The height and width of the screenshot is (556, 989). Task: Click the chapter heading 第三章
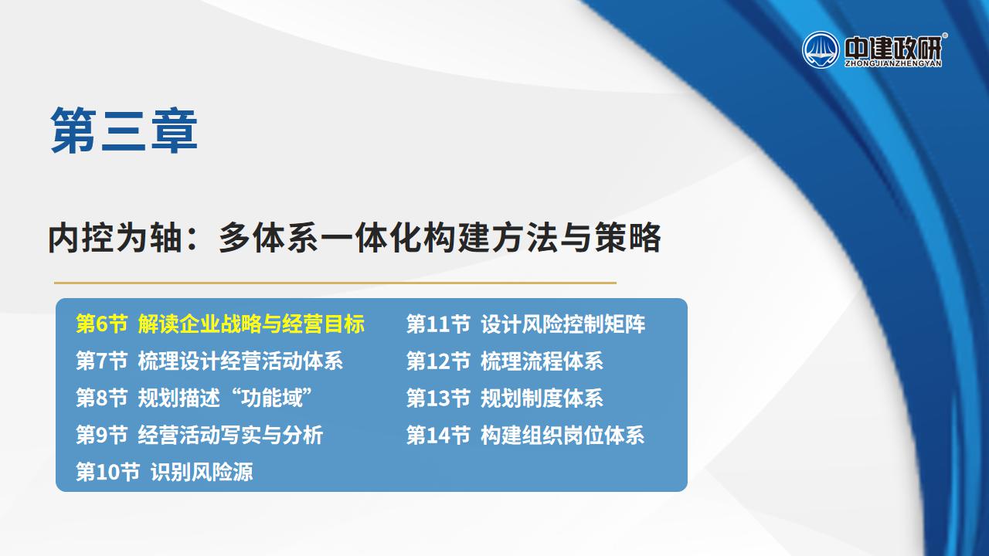pos(124,131)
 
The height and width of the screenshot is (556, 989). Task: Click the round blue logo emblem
pos(821,50)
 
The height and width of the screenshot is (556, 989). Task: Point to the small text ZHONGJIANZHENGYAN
pos(893,63)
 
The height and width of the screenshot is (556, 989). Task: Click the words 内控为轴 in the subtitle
pos(115,238)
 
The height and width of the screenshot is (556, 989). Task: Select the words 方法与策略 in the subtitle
pos(576,238)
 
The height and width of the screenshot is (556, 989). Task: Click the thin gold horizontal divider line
pos(335,283)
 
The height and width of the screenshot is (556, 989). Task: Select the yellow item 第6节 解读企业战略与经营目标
pos(220,324)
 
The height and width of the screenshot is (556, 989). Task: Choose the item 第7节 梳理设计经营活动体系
pos(209,361)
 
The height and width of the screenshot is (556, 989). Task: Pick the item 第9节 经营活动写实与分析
pos(199,435)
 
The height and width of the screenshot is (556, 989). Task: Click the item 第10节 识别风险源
pos(165,472)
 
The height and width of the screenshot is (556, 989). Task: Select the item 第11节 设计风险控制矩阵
pos(526,324)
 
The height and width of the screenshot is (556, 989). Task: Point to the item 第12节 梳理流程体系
pos(505,361)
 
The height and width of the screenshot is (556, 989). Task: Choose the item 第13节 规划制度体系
pos(505,398)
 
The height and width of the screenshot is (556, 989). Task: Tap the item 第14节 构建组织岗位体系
pos(525,435)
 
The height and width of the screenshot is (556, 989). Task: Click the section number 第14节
pos(438,435)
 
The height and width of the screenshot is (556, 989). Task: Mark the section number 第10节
pos(108,472)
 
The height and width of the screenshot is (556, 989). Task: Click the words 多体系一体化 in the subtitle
pos(321,238)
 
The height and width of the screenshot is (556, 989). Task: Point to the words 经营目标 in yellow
pos(324,324)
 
